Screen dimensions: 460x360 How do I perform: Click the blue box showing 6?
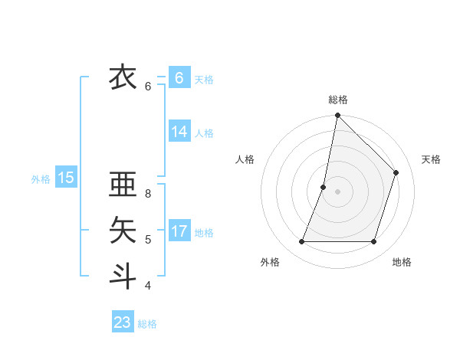coord(179,78)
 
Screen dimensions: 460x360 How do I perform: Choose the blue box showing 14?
coord(179,132)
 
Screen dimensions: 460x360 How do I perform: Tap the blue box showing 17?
coord(179,231)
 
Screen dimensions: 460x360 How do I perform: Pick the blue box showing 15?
coord(65,178)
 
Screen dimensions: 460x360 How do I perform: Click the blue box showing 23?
coord(122,322)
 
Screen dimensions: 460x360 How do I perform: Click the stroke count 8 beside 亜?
coord(148,195)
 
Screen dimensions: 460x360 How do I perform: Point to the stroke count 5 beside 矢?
coord(148,240)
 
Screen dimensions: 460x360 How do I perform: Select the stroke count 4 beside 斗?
coord(148,286)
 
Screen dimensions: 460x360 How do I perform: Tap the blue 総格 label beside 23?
coord(147,324)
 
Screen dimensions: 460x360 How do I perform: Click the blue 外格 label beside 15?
coord(41,179)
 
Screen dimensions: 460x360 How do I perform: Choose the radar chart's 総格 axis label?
coord(338,100)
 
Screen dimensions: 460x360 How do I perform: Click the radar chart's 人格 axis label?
coord(245,159)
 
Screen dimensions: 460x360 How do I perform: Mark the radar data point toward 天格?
coord(396,172)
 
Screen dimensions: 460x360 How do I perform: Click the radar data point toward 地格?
coord(373,242)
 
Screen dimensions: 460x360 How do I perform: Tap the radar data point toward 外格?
coord(301,242)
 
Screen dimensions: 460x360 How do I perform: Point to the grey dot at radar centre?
coord(337,191)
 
